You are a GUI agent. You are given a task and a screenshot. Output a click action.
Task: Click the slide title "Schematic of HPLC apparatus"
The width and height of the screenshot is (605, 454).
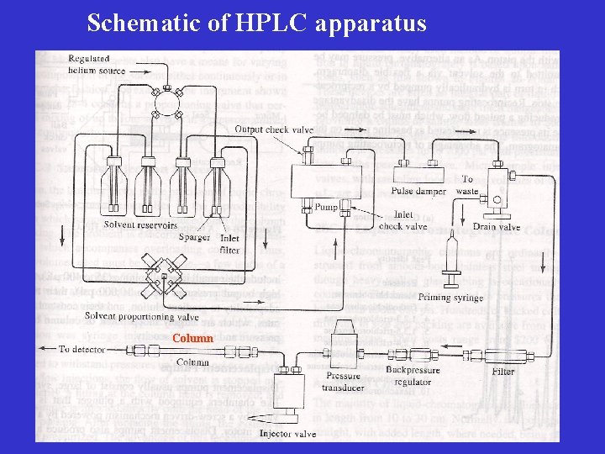[256, 23]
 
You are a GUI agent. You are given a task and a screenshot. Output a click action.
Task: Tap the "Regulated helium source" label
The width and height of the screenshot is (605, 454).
[96, 65]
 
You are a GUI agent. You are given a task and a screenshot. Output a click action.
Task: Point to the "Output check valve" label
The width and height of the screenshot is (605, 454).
[274, 129]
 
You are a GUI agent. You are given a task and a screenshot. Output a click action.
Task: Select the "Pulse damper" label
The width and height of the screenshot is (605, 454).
[418, 192]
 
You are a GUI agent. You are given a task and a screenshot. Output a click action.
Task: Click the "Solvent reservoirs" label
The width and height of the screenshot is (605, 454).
[140, 224]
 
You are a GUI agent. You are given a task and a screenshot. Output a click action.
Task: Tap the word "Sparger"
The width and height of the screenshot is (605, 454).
[194, 237]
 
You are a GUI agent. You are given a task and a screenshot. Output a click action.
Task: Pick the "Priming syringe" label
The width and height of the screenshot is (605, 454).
[450, 298]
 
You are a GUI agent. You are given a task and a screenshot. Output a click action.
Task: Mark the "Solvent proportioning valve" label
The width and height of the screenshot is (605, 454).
[141, 317]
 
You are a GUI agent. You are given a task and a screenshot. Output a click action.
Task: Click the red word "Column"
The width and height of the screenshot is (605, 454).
[192, 338]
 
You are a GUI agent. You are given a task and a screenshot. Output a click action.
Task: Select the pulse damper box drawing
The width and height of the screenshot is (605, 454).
[418, 175]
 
